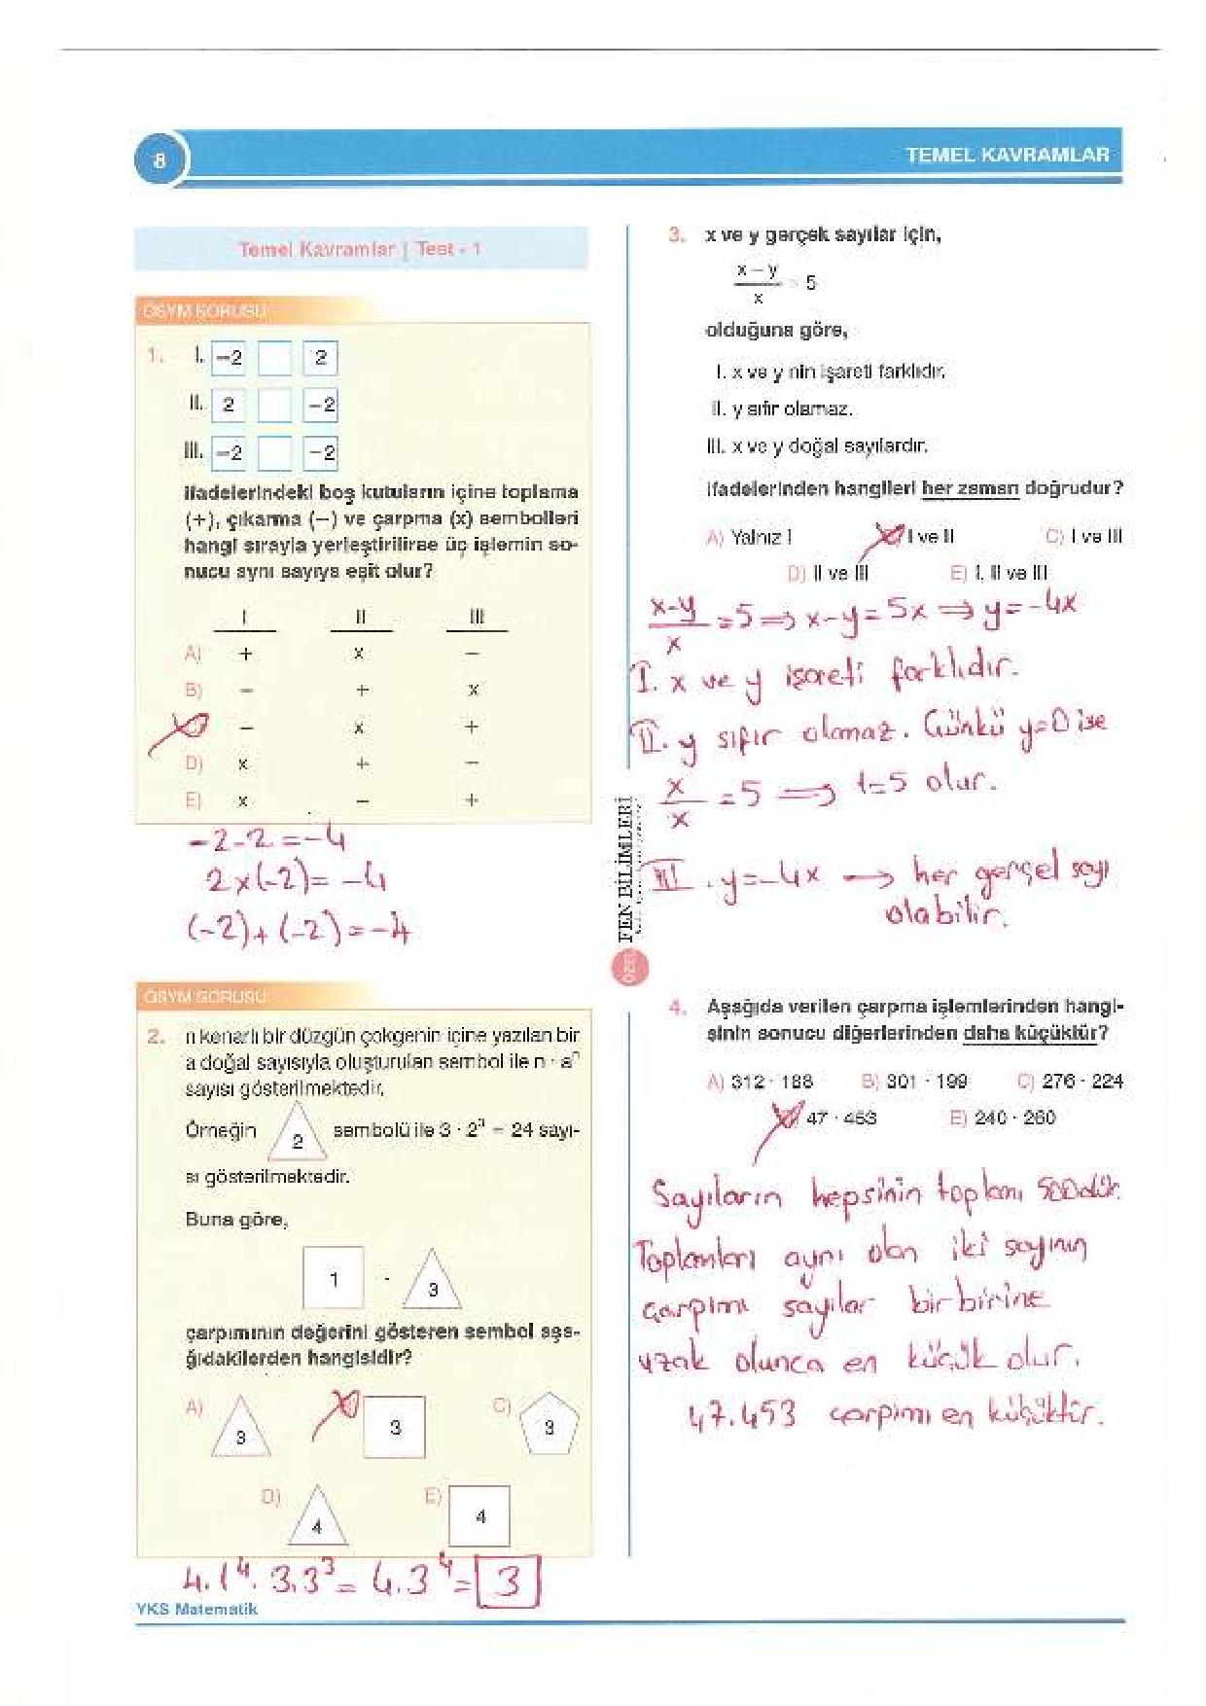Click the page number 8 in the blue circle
(160, 160)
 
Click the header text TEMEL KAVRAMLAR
(1007, 155)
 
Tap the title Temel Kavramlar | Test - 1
(360, 249)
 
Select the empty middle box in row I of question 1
(274, 359)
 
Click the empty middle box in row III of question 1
(274, 452)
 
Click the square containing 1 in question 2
(334, 1278)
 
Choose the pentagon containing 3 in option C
(550, 1427)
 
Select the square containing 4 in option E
(480, 1516)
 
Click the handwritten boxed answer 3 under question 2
(507, 1586)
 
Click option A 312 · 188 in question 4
(760, 1081)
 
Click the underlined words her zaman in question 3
(970, 488)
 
